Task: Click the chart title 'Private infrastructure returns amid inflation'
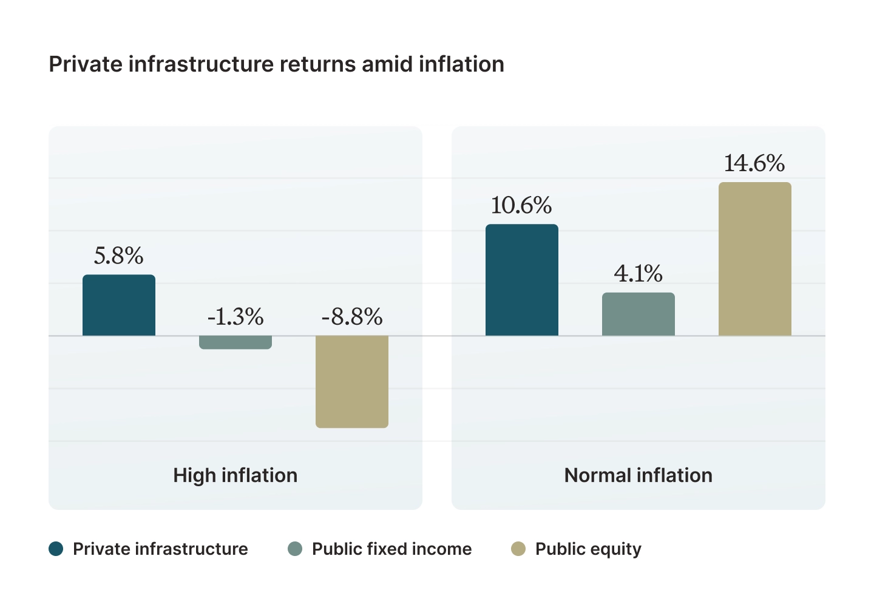tap(276, 64)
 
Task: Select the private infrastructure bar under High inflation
tap(119, 305)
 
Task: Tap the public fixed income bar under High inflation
tap(235, 342)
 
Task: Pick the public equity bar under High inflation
tap(352, 381)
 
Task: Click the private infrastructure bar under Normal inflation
tap(522, 280)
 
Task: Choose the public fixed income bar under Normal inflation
tap(639, 314)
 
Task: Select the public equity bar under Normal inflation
tap(755, 259)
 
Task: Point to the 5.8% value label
tap(119, 256)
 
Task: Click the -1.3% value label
tap(235, 317)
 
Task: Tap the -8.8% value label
tap(352, 317)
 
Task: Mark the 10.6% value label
tap(521, 206)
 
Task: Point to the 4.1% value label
tap(639, 274)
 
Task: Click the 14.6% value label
tap(754, 163)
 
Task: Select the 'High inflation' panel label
tap(235, 475)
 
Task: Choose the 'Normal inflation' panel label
tap(639, 475)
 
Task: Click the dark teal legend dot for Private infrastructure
tap(56, 549)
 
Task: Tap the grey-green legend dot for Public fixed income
tap(295, 549)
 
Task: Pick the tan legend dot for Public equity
tap(518, 549)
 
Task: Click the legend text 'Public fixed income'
tap(391, 549)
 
